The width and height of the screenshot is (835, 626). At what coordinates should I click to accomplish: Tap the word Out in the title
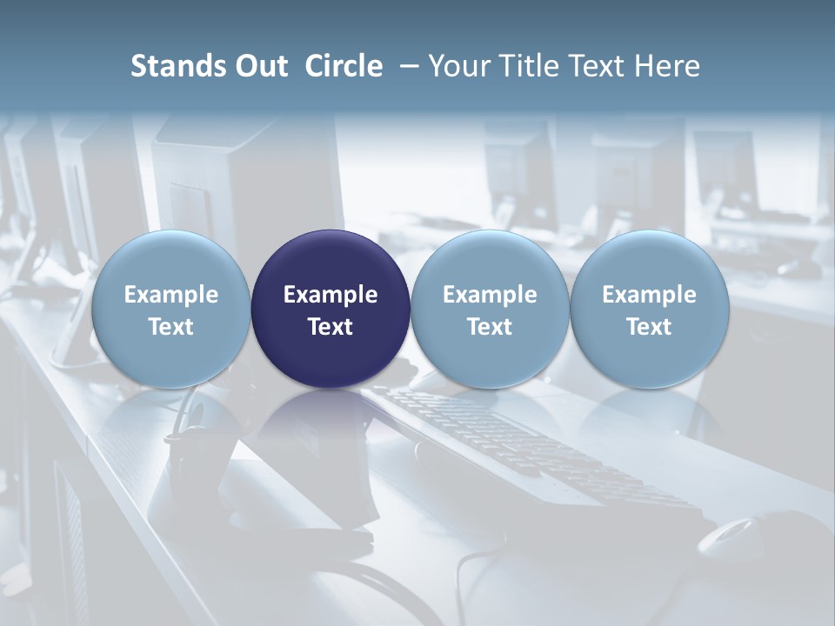[x=259, y=66]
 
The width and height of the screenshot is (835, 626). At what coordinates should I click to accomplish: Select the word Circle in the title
[x=344, y=66]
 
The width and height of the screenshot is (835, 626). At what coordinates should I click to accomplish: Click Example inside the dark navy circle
[x=331, y=295]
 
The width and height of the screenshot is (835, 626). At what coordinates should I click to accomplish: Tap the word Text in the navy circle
[x=331, y=327]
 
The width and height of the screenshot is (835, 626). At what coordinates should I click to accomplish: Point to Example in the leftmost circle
[x=170, y=295]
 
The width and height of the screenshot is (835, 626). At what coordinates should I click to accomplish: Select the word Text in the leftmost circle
[x=170, y=327]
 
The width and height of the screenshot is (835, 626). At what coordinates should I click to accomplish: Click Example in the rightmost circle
[x=650, y=295]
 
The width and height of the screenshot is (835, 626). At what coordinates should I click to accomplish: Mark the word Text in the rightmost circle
[x=650, y=327]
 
